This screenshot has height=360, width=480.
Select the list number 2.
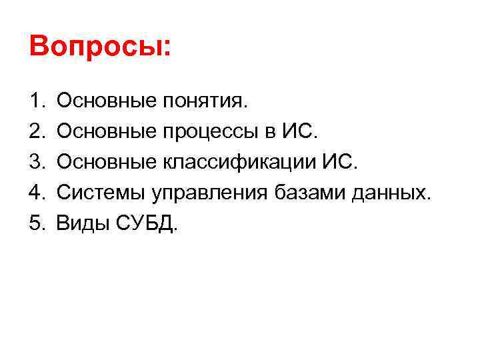point(35,132)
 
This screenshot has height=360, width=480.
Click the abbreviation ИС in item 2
point(302,132)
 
